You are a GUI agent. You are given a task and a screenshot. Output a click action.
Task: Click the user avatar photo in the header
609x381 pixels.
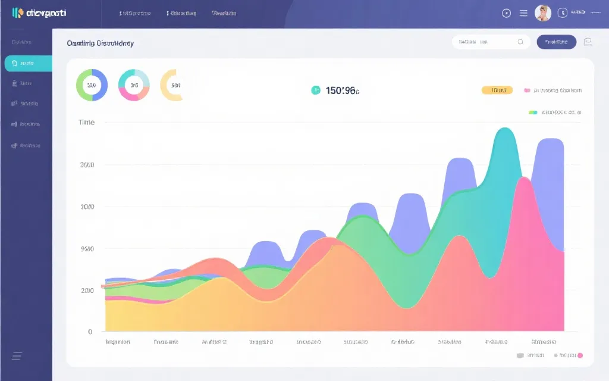tap(542, 13)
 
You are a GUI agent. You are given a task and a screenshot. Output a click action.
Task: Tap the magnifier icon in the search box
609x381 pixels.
tap(520, 42)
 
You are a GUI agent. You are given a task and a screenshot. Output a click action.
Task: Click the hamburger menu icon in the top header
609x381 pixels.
tap(523, 13)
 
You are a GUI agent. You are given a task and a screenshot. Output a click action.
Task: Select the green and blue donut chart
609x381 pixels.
tap(92, 85)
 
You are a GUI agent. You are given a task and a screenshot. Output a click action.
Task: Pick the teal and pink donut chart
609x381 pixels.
tap(134, 85)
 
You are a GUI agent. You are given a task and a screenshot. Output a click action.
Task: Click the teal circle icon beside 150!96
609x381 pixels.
tap(316, 90)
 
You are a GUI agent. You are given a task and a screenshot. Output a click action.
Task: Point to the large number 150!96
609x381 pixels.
tap(342, 90)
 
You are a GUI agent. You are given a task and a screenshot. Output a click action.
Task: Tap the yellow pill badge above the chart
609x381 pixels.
tap(497, 90)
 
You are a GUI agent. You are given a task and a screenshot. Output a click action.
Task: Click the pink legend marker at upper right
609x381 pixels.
tap(527, 90)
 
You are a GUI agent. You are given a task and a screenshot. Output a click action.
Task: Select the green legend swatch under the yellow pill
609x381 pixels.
tap(533, 112)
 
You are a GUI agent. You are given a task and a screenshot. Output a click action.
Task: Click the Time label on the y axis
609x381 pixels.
tap(86, 122)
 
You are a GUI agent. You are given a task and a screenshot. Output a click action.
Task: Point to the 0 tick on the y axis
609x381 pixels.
tap(90, 332)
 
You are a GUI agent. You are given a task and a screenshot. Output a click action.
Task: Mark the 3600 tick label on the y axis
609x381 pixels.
tap(87, 165)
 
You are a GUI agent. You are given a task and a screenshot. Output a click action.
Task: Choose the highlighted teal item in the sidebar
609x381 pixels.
tap(28, 63)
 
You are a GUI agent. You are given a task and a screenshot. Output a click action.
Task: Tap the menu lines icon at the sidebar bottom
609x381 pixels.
tap(17, 356)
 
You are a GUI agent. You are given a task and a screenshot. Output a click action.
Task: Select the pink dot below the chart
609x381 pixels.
tap(580, 355)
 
